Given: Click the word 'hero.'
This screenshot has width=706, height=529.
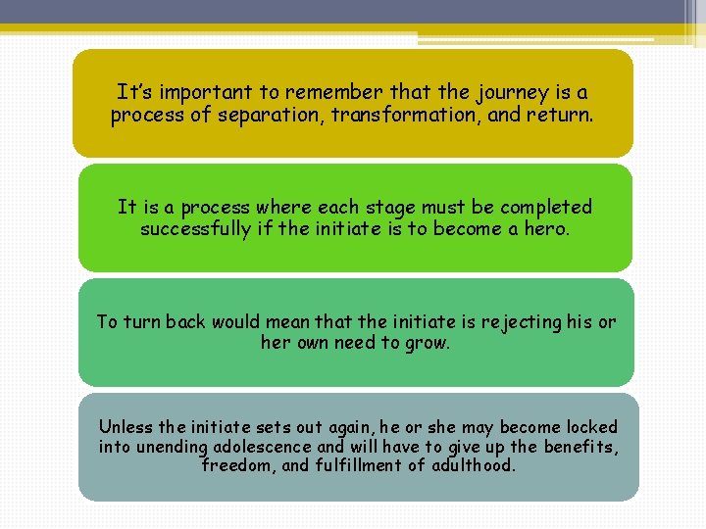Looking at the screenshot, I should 544,229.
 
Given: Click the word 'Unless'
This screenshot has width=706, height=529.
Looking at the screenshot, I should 126,427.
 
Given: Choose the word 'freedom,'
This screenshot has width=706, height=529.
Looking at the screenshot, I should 238,465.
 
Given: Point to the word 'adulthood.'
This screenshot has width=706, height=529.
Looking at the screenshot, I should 473,465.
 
